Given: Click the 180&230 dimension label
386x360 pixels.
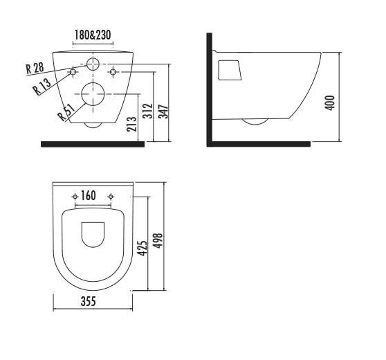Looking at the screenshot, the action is click(x=93, y=35).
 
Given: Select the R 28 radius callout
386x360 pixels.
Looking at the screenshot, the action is click(x=35, y=69).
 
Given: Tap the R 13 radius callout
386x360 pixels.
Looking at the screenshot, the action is click(x=42, y=87).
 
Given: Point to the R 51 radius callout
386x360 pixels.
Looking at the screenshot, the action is click(x=66, y=112).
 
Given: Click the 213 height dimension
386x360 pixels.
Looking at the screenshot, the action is click(x=131, y=124).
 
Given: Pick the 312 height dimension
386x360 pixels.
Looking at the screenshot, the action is click(x=147, y=111).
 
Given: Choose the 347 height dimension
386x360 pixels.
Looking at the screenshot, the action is click(x=163, y=111).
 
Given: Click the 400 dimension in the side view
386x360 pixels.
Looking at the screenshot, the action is click(x=330, y=102).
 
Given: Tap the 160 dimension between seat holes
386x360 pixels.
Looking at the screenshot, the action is click(x=88, y=196).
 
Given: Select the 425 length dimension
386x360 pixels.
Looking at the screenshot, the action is click(x=142, y=248).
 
